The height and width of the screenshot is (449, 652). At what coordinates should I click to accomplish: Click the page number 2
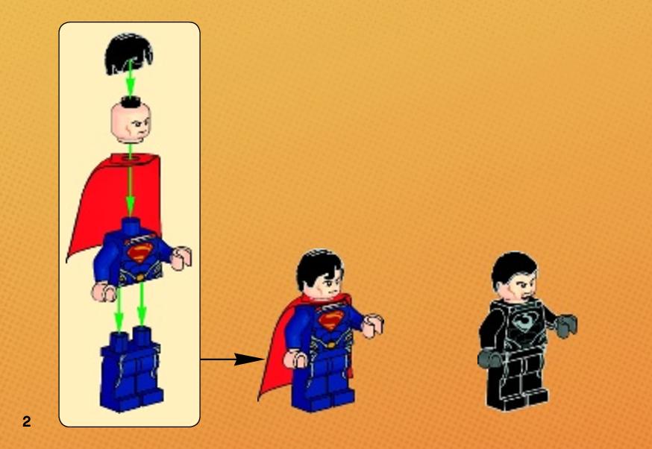27,421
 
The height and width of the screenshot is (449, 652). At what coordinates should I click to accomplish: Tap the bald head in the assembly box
131,122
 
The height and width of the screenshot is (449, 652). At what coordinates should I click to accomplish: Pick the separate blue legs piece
131,369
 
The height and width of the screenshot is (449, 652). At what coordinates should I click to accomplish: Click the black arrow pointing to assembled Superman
233,359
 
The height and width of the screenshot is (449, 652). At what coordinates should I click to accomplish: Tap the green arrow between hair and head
130,79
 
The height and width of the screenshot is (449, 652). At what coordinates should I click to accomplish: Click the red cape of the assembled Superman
277,354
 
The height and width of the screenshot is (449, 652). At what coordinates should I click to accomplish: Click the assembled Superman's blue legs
322,383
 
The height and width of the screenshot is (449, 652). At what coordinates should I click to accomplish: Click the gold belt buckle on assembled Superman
330,345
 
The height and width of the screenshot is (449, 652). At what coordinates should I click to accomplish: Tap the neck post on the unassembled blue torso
131,225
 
